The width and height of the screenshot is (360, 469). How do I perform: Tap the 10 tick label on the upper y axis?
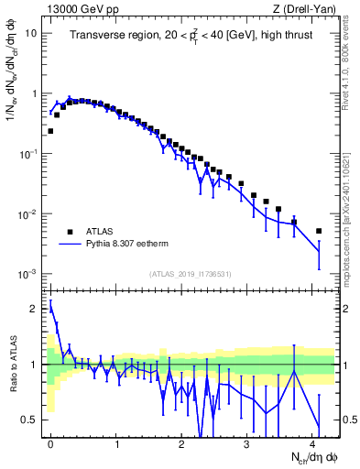tap(31, 33)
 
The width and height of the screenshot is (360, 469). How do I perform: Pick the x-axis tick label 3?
tap(247, 443)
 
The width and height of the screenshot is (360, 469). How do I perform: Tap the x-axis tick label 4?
tap(313, 443)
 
